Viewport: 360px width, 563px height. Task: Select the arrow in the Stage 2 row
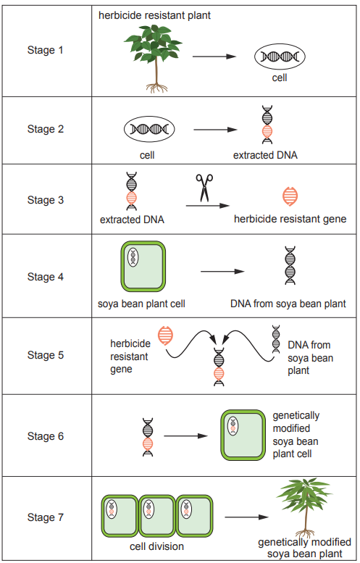215,130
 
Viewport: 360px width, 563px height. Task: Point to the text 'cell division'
157,547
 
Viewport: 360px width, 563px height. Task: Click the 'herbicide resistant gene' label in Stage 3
290,219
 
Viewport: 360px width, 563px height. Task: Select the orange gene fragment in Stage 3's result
290,196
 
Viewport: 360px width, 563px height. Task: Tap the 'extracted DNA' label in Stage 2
265,155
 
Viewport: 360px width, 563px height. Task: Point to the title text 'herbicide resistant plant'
155,14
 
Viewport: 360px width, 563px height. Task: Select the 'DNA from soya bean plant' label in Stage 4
288,304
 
